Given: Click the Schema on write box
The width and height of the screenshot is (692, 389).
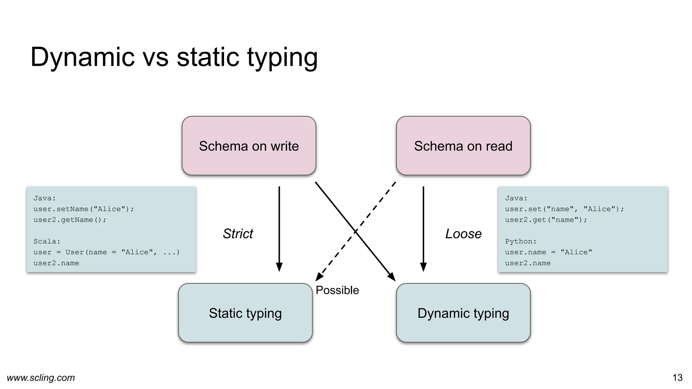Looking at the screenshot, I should [249, 146].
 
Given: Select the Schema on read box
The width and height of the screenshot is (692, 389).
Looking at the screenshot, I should [463, 146].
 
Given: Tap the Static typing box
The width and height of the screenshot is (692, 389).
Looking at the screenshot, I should [245, 313].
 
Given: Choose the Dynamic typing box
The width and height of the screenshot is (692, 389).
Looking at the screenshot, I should [463, 313].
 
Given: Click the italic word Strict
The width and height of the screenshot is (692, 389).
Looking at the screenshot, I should [238, 234].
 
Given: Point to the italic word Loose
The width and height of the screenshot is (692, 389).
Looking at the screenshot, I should [463, 234].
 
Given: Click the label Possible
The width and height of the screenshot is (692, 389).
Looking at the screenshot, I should [337, 290].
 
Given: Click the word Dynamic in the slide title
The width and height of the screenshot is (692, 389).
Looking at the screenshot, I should [83, 57].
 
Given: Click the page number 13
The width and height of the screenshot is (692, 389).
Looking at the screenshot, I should [677, 378].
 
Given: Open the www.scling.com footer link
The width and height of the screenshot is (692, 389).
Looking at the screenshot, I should [41, 378].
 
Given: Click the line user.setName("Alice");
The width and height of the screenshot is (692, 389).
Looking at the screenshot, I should [83, 209].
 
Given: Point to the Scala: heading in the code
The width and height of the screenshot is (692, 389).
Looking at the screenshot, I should [47, 241].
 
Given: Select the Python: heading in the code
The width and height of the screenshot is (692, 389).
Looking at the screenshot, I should [521, 241].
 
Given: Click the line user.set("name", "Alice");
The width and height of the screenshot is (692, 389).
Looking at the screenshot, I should [564, 209].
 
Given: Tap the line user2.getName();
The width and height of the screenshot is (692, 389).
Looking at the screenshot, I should [70, 220].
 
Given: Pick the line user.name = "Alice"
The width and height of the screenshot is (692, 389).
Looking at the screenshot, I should [548, 252].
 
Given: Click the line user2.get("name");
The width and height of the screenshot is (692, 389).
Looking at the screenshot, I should [546, 220].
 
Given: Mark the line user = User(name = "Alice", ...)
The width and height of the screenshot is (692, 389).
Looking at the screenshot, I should [106, 252].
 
